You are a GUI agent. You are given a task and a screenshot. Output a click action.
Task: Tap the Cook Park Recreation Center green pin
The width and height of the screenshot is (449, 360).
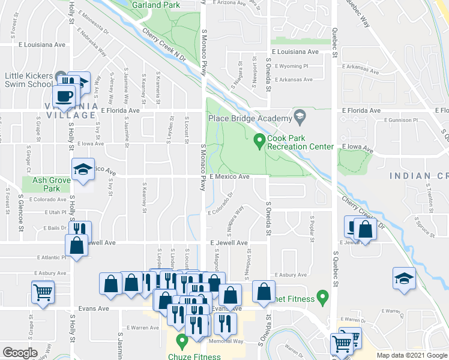(x=259, y=141)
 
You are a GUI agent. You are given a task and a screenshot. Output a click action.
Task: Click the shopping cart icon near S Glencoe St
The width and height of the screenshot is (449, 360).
(x=43, y=292)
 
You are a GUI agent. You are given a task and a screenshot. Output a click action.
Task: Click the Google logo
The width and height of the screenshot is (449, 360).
(x=20, y=353)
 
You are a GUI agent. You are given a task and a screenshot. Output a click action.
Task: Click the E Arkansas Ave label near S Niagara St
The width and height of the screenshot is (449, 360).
(x=294, y=79)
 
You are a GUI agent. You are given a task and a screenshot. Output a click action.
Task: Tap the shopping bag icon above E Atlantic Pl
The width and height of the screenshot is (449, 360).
(x=76, y=245)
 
